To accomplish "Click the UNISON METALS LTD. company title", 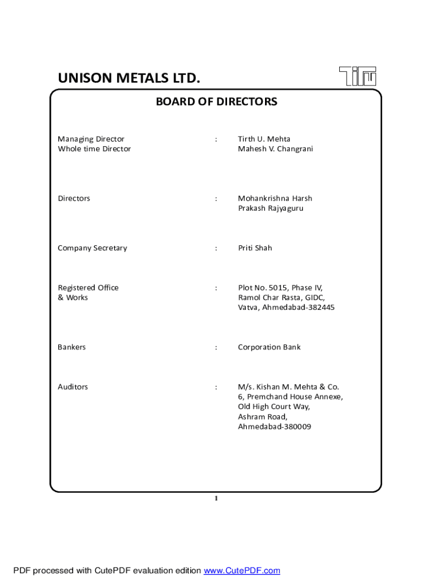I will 129,78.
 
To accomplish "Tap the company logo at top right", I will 358,76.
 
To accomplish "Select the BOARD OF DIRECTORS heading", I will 216,102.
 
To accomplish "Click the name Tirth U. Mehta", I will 264,139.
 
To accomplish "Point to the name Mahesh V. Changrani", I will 275,149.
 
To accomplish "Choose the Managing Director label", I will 91,139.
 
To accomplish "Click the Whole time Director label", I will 94,149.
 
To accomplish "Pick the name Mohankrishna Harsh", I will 275,198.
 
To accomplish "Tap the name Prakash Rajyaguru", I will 271,208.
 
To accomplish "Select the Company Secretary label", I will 92,248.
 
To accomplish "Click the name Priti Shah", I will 255,248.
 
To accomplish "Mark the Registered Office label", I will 88,288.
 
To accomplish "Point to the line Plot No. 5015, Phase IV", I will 280,288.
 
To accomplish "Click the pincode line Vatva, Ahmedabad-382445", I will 286,308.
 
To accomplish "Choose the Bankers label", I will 72,347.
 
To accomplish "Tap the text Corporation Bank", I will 269,347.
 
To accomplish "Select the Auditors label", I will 73,387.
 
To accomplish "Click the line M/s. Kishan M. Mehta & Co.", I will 288,387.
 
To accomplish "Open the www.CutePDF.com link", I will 242,570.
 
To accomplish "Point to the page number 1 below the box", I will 216,498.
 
